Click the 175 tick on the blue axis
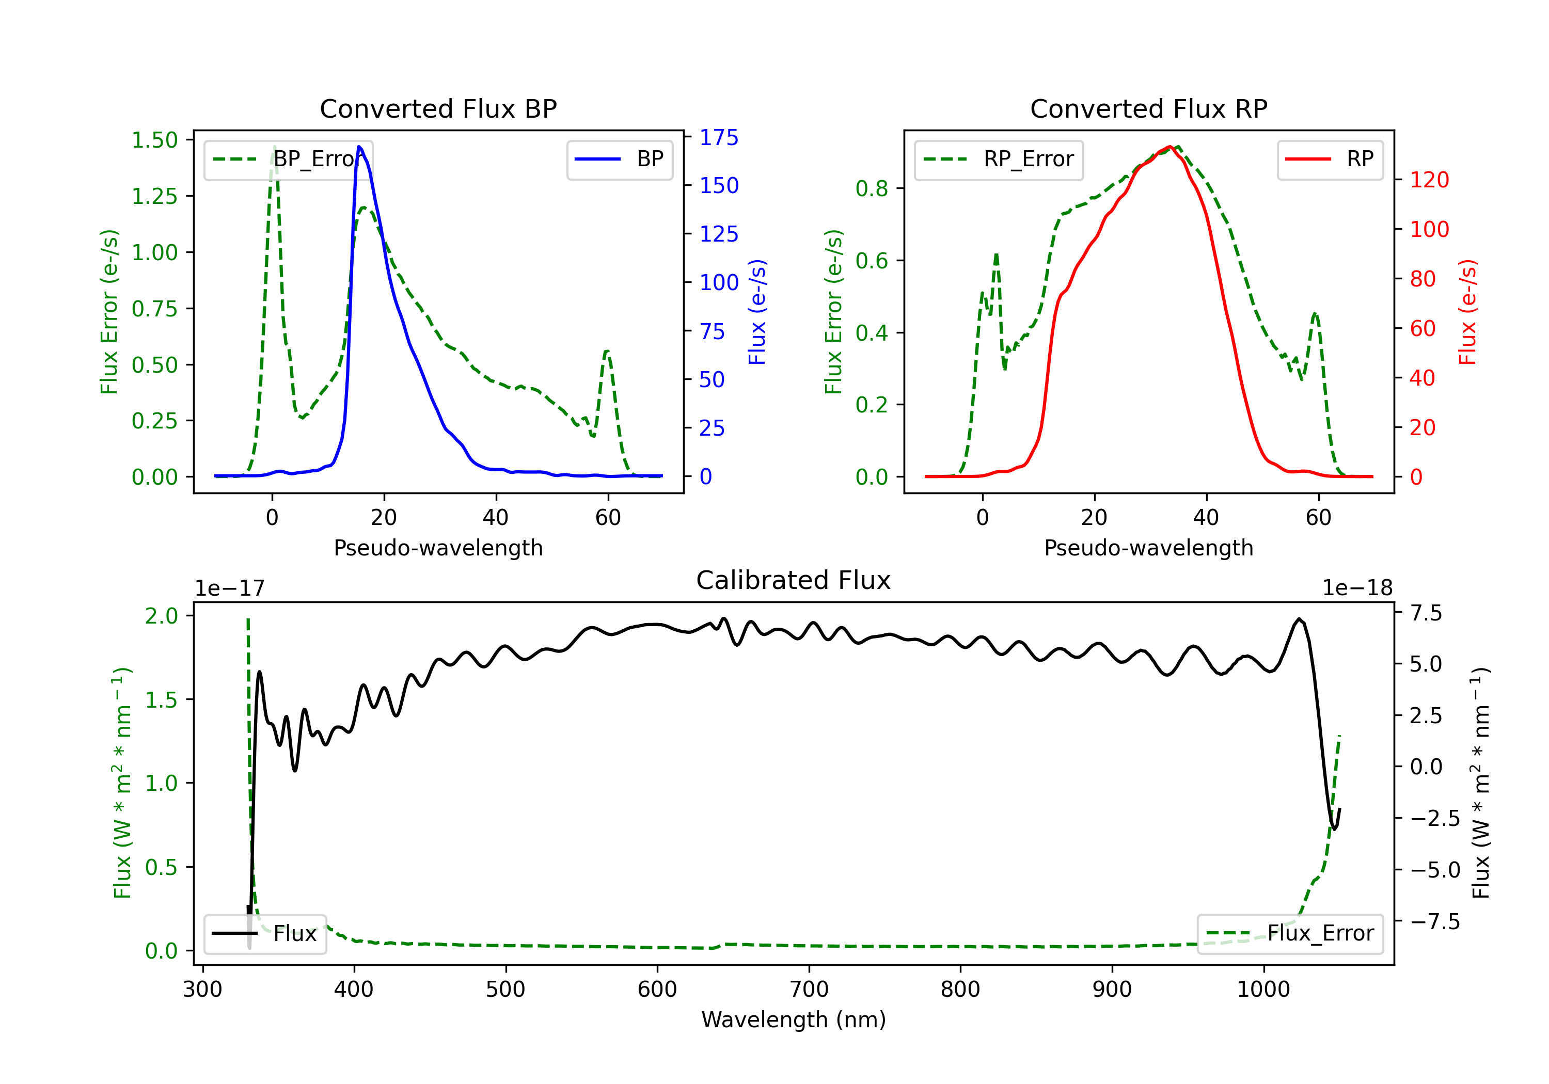click(x=719, y=138)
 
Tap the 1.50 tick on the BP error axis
click(x=154, y=140)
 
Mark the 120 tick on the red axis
click(x=1429, y=180)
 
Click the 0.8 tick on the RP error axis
click(x=872, y=189)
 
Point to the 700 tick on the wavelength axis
click(x=809, y=990)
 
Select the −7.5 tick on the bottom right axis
click(x=1434, y=921)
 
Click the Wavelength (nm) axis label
click(x=794, y=1020)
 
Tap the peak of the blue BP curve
click(x=359, y=147)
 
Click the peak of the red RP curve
click(x=1169, y=147)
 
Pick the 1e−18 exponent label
click(x=1357, y=588)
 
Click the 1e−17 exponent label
click(x=230, y=588)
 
